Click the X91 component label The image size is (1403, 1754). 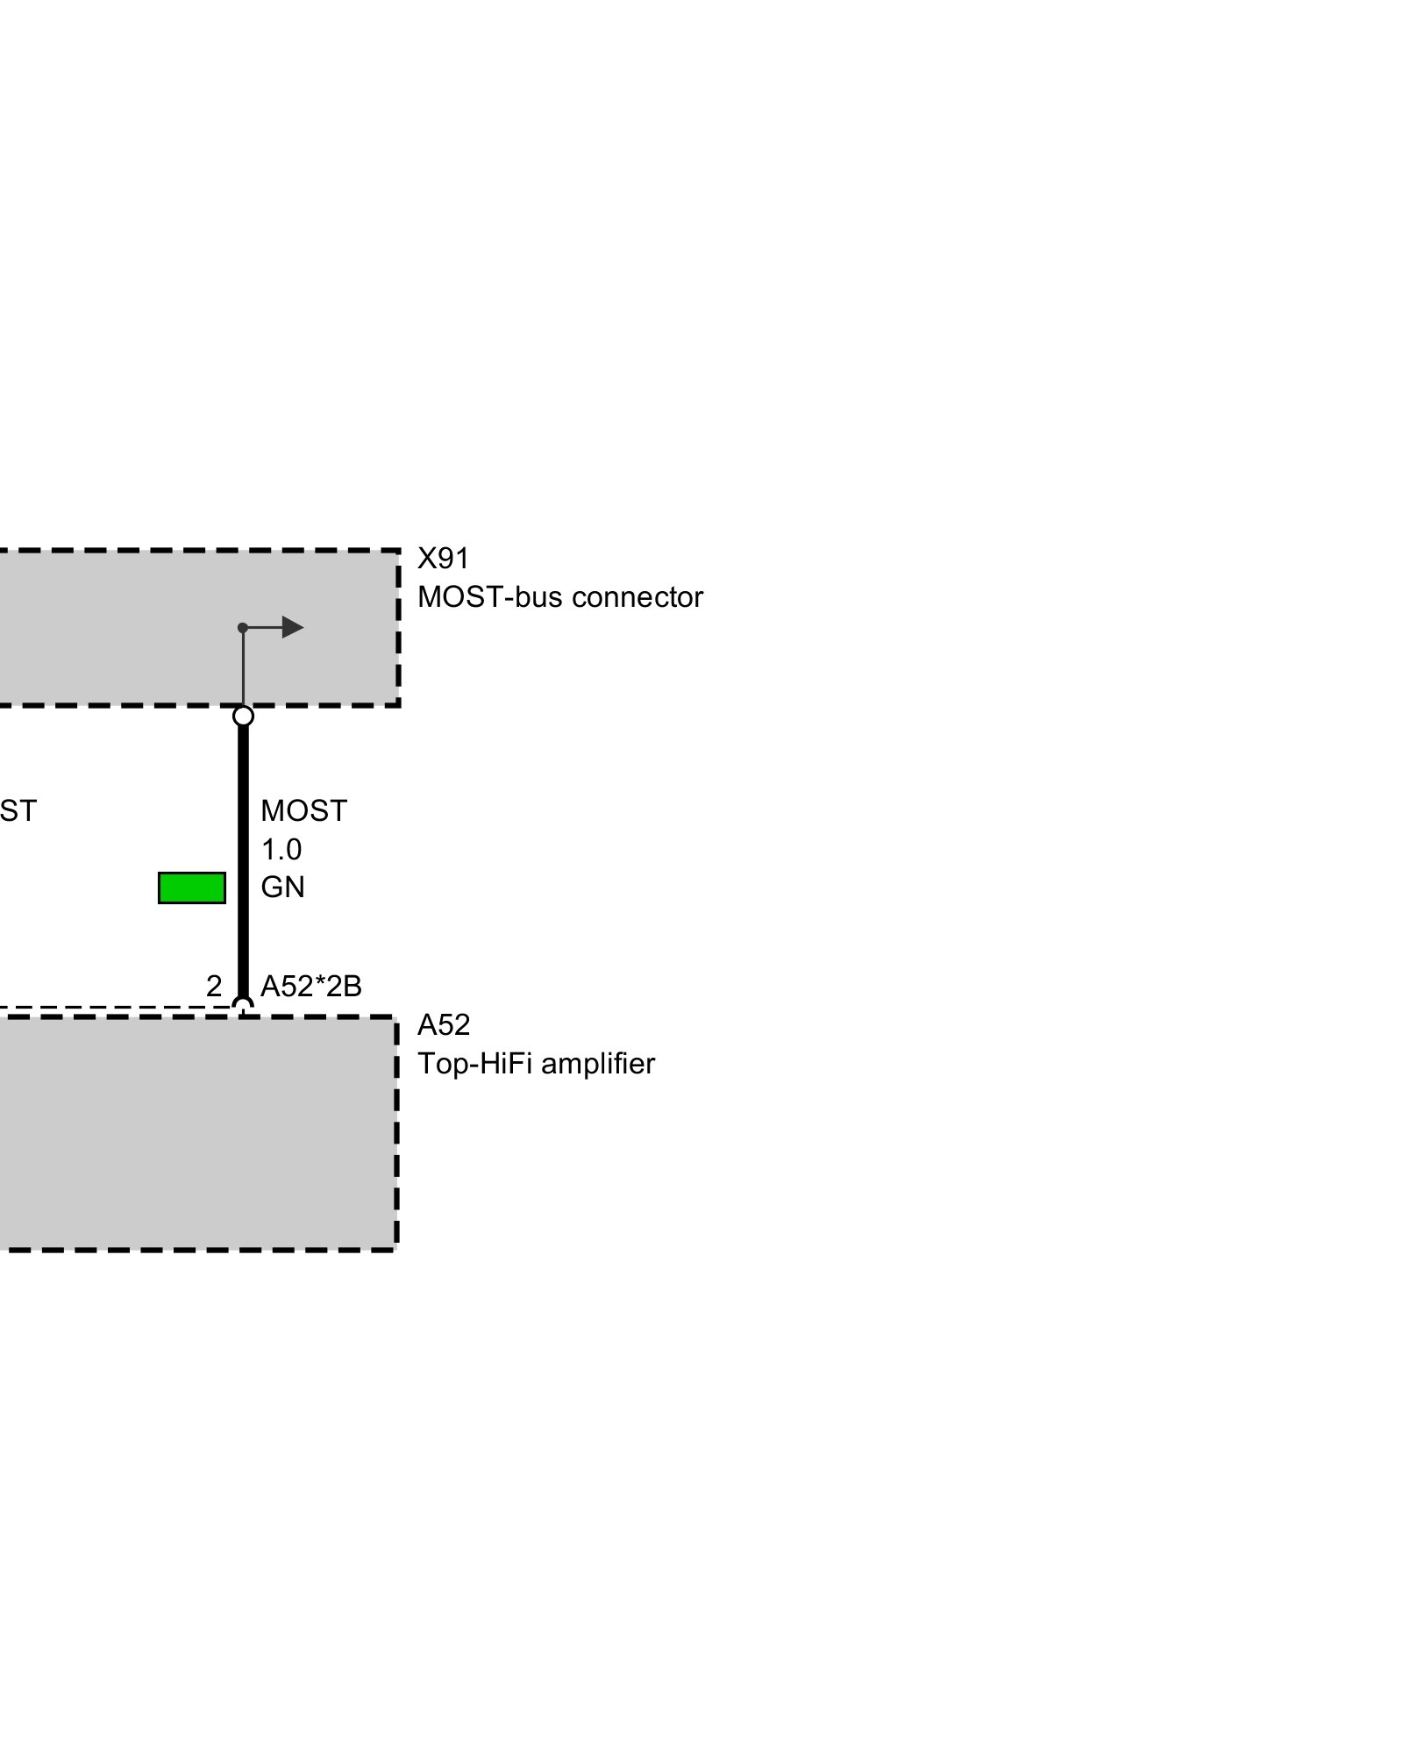(443, 559)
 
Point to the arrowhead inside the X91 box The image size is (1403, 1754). (292, 627)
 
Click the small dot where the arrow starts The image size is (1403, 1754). (243, 628)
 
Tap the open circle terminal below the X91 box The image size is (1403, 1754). (243, 717)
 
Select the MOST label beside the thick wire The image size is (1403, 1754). (303, 811)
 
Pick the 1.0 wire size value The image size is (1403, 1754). (281, 849)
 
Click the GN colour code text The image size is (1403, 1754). (282, 888)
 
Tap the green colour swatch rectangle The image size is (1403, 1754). (191, 888)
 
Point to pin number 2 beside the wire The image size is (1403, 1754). (214, 987)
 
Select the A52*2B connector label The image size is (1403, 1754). (311, 987)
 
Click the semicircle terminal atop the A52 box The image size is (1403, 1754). (243, 1005)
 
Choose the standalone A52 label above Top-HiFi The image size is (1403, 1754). (443, 1025)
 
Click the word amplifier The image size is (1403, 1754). (598, 1064)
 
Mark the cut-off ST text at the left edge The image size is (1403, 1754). (18, 811)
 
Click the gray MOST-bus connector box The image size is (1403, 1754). (132, 628)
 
